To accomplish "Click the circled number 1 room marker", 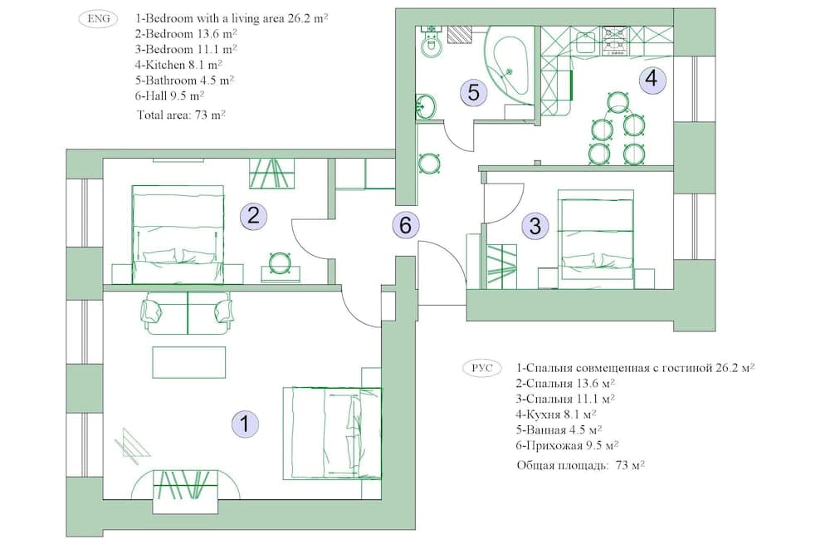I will tap(244, 424).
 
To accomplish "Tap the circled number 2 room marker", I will tap(253, 217).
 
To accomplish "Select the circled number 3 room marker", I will tap(535, 225).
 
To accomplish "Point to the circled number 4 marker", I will tap(652, 79).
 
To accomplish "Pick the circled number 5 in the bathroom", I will tap(473, 92).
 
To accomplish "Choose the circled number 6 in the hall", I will tap(405, 224).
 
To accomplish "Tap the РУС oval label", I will tap(482, 367).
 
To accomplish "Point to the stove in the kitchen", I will tap(614, 40).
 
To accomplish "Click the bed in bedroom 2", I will tap(178, 224).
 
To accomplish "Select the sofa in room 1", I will tap(188, 312).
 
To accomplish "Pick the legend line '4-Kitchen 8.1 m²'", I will tap(178, 65).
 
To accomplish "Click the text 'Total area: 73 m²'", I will tap(182, 115).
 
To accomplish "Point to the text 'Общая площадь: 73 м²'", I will tap(581, 465).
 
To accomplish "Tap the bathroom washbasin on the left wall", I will tap(425, 106).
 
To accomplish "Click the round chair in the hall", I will tap(429, 163).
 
